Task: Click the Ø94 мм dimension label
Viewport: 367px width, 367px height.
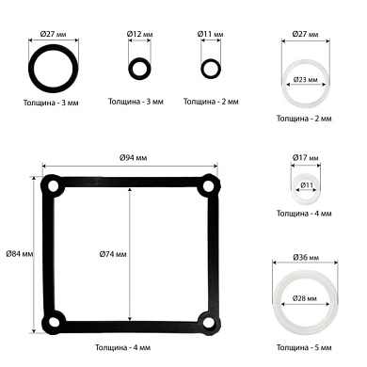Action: pyautogui.click(x=134, y=157)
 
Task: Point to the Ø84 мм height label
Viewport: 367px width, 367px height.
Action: pyautogui.click(x=20, y=253)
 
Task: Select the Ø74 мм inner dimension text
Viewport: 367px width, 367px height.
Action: pyautogui.click(x=113, y=254)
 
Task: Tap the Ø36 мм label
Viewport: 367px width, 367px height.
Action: pyautogui.click(x=306, y=258)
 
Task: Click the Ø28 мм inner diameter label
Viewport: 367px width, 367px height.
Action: pyautogui.click(x=305, y=298)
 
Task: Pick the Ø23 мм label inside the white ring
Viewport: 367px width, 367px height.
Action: pyautogui.click(x=305, y=80)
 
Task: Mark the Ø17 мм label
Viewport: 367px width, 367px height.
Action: pyautogui.click(x=306, y=157)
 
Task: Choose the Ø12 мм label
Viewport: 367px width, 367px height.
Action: pyautogui.click(x=139, y=34)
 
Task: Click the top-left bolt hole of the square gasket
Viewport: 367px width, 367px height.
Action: pyautogui.click(x=53, y=186)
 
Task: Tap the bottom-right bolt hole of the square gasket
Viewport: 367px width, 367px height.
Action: pyautogui.click(x=208, y=322)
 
